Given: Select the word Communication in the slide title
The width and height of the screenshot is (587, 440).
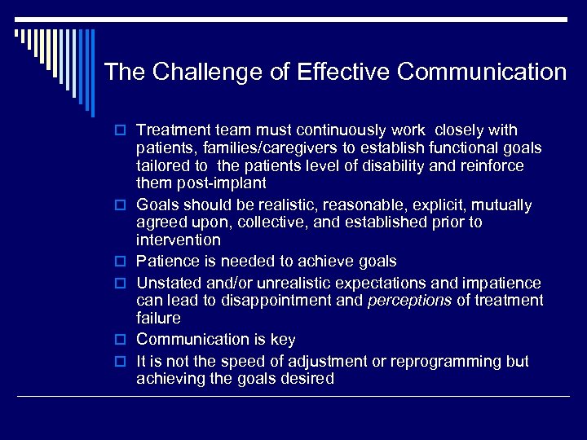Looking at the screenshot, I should point(482,73).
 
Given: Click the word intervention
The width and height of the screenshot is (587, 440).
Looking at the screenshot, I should point(178,240).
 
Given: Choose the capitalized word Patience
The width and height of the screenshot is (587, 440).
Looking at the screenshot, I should point(167,262).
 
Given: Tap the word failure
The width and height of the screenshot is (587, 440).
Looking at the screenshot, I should point(158,318).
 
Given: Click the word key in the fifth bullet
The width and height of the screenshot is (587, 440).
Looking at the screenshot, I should point(282,340).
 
